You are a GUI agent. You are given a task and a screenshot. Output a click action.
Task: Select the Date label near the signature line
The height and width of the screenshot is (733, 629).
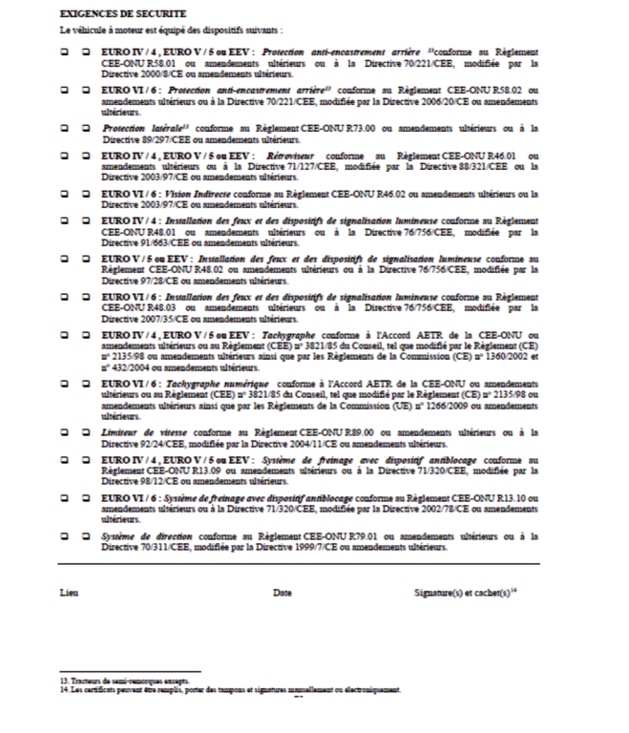[282, 593]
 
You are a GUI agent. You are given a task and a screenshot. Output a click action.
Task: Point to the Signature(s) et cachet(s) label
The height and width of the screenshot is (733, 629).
[465, 593]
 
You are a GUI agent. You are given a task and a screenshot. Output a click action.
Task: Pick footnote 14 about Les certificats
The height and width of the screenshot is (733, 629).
[229, 690]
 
